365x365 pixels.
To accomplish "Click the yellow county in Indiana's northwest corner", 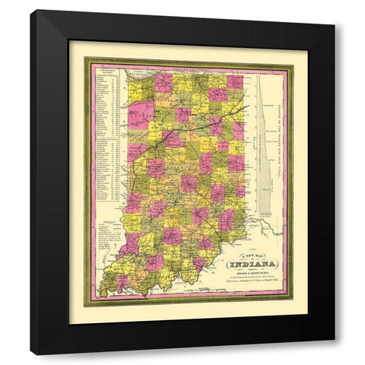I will [141, 82].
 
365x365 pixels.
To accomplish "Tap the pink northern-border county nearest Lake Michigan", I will [164, 81].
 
